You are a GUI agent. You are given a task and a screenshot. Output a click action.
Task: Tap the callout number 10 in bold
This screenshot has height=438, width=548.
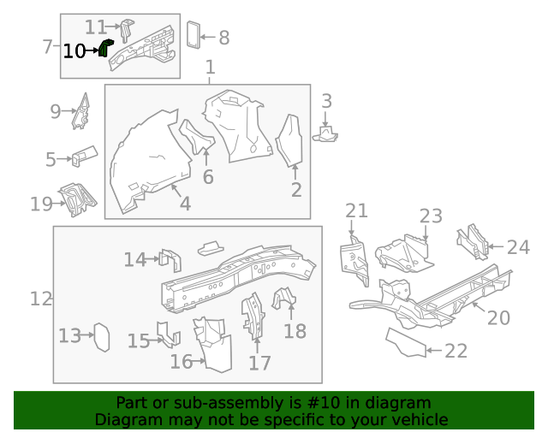click(74, 51)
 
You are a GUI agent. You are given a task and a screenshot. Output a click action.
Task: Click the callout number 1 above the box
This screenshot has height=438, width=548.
click(210, 68)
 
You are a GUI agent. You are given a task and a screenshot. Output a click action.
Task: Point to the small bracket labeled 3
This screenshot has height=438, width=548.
click(327, 133)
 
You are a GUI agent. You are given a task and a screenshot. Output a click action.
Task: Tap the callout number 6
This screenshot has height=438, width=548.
click(208, 177)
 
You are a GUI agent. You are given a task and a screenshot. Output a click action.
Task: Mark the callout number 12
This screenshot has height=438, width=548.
click(41, 299)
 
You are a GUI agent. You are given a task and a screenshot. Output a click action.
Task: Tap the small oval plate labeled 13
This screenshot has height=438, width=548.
click(101, 336)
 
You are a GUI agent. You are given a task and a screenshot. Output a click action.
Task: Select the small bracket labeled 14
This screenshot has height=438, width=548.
click(170, 260)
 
